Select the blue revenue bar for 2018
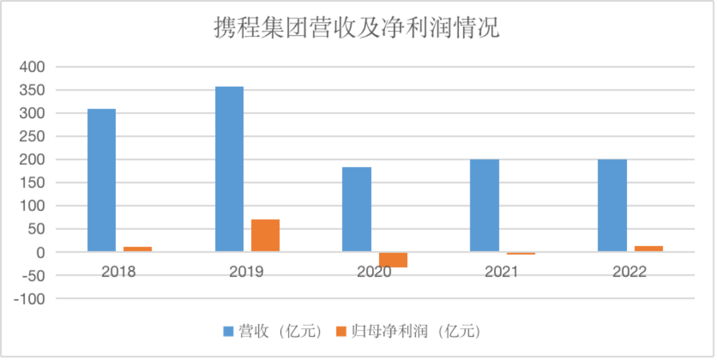[102, 180]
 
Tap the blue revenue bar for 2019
[230, 169]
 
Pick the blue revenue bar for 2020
[357, 209]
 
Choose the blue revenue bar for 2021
[485, 205]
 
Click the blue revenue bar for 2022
[612, 205]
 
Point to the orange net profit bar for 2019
[266, 236]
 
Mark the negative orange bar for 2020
[393, 260]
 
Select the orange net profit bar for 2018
[138, 249]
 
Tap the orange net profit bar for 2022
[648, 249]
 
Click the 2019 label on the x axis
[246, 272]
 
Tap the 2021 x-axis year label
[502, 272]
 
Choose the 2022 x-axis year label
[630, 272]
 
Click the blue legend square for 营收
[229, 331]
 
